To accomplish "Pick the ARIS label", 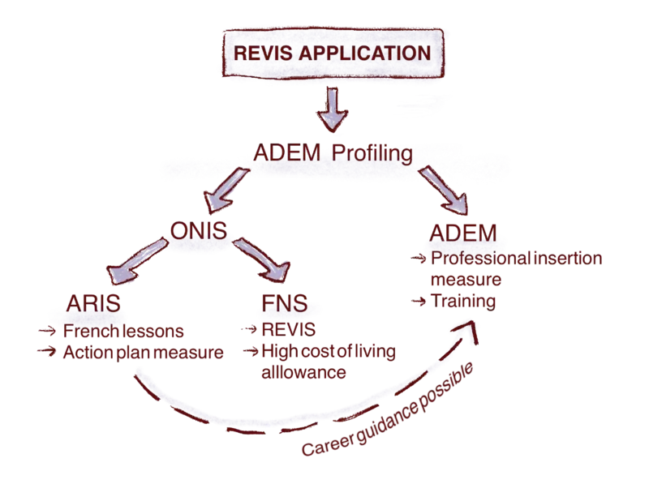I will click(x=94, y=306).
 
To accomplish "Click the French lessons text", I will click(x=124, y=332).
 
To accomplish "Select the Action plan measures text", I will click(x=143, y=353).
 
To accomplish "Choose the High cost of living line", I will click(x=325, y=353).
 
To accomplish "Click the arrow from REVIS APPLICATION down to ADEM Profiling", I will click(x=330, y=109).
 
